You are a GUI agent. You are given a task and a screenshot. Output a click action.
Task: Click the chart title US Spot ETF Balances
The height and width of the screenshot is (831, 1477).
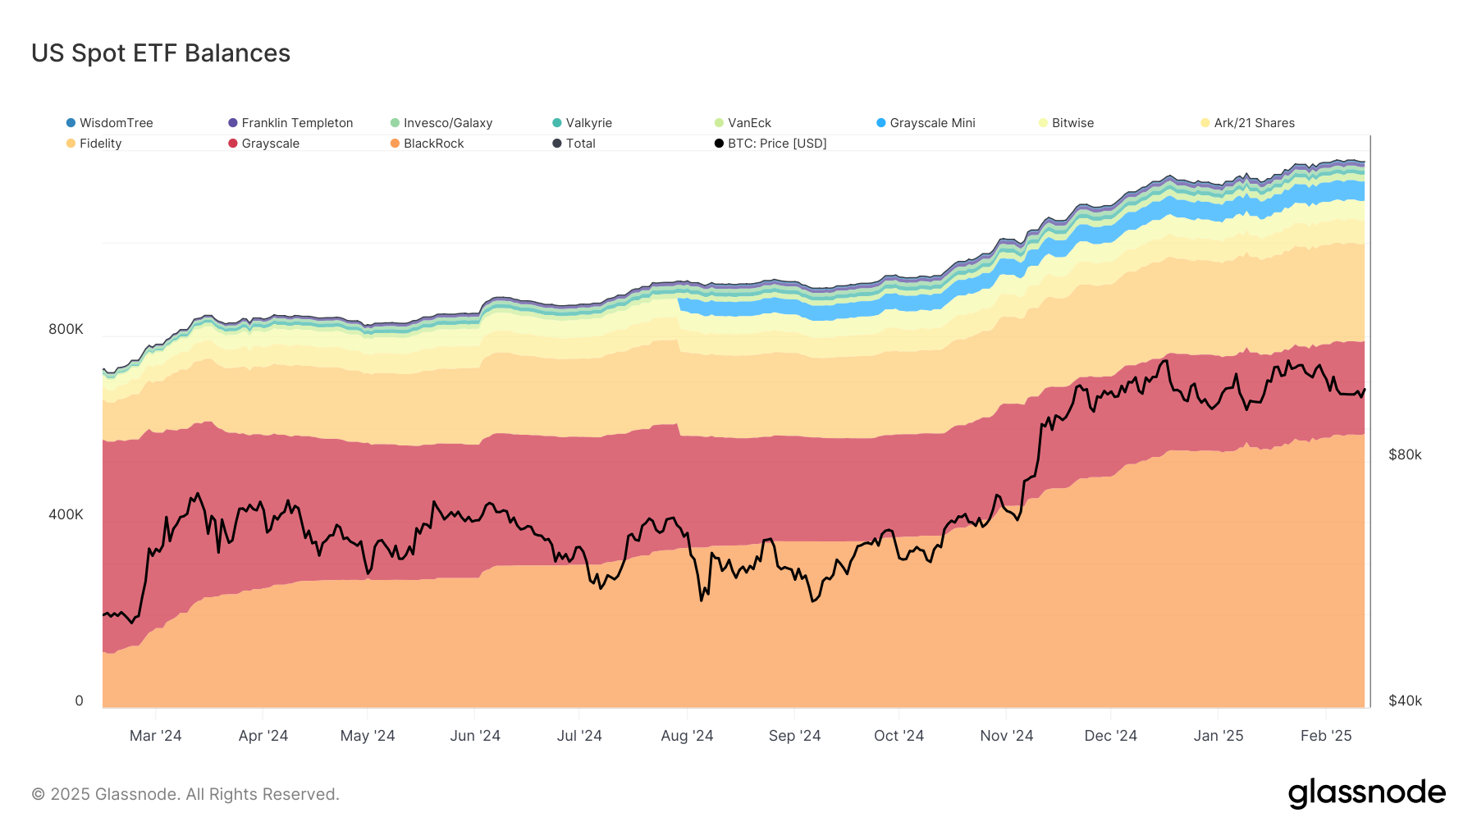click(x=161, y=53)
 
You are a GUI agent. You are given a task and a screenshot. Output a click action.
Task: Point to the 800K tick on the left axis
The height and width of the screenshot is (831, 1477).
click(x=66, y=329)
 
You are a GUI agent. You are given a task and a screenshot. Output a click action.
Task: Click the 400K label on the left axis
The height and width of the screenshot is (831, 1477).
click(x=66, y=514)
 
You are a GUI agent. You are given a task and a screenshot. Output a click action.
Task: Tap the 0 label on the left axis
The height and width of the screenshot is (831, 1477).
click(x=79, y=701)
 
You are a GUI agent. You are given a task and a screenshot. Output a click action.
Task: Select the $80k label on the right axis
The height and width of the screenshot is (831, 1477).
click(x=1405, y=454)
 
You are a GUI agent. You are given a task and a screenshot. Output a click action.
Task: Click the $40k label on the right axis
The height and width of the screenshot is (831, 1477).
click(x=1405, y=701)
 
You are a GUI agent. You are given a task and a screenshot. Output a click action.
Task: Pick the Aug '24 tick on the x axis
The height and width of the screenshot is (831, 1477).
click(x=687, y=736)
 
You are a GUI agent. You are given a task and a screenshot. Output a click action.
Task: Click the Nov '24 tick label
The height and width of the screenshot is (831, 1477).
click(x=1006, y=736)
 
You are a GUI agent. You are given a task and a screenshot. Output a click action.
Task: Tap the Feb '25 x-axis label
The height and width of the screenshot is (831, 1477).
click(x=1326, y=736)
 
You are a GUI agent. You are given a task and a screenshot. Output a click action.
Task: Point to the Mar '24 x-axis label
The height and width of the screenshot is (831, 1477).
click(x=155, y=736)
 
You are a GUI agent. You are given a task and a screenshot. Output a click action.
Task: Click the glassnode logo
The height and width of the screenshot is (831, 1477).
click(x=1366, y=793)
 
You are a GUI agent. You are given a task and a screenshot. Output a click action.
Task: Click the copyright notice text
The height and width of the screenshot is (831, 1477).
click(x=185, y=794)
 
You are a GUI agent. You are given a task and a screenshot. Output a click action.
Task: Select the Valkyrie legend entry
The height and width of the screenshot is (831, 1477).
click(x=588, y=123)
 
